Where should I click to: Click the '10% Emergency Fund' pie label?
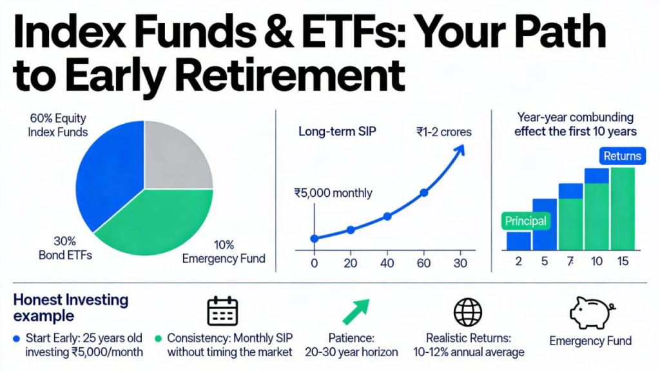(223, 252)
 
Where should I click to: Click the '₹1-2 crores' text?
(444, 132)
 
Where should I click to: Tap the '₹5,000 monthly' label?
(333, 192)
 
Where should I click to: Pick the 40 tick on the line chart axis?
(387, 263)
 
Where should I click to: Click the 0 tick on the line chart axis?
(314, 263)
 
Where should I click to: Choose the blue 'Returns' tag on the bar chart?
(623, 155)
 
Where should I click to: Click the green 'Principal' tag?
(525, 221)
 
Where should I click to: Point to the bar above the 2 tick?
(518, 241)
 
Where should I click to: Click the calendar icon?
(222, 312)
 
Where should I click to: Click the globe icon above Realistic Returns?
(467, 312)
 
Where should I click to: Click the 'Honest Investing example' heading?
(71, 308)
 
